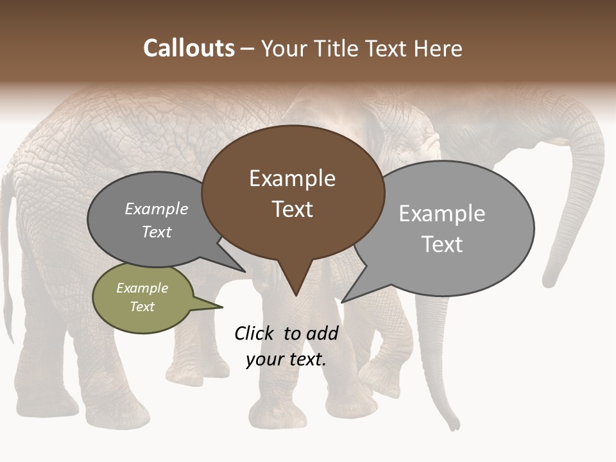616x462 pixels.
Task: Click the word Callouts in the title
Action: point(189,49)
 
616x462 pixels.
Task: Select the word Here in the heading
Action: point(439,49)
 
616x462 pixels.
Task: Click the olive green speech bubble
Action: point(142,298)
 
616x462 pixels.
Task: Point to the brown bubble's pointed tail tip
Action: point(296,295)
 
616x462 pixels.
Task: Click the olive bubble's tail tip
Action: point(222,307)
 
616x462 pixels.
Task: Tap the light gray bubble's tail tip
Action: point(343,302)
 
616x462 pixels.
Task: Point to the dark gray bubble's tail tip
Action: point(246,271)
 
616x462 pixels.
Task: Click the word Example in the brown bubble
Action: point(292,178)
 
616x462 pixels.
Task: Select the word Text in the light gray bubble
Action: point(442,244)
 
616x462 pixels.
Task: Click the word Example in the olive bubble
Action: point(142,288)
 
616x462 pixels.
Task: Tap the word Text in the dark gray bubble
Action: point(157,232)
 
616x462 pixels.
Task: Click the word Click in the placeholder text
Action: point(254,333)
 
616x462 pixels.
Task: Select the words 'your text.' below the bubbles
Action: point(286,359)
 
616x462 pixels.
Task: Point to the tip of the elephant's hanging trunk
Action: point(454,424)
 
